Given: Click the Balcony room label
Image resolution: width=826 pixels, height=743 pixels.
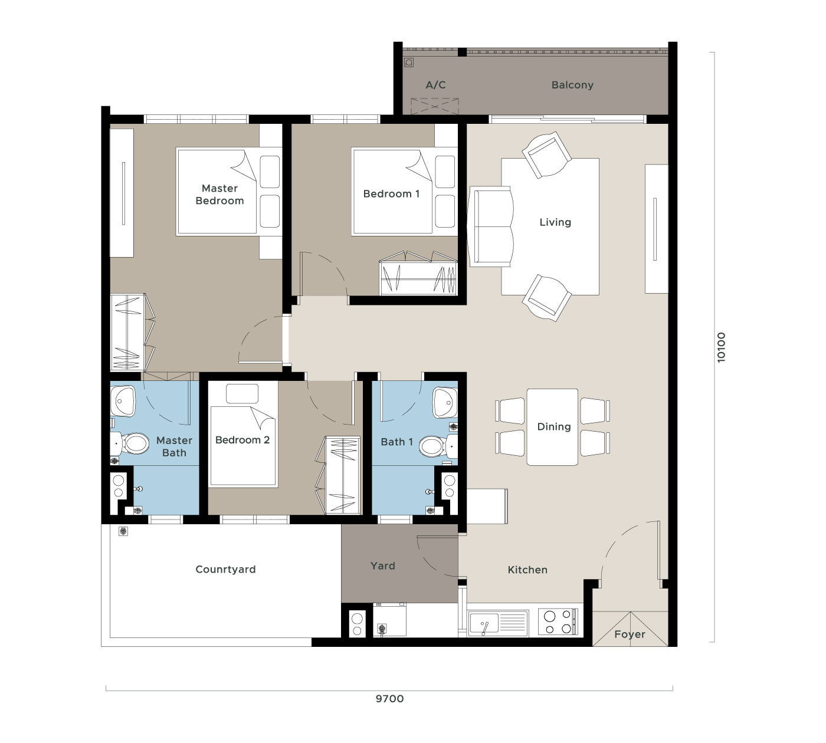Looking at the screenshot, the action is point(572,85).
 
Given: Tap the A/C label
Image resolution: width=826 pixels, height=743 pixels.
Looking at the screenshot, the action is point(435,85).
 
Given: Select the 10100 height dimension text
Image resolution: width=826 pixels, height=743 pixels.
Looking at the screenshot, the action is point(721,347).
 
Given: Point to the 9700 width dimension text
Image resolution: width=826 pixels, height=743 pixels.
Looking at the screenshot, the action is point(389,699).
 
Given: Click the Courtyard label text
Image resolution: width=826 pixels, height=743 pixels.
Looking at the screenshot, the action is point(225,569).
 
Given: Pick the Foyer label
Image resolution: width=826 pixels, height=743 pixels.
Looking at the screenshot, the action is point(630,634).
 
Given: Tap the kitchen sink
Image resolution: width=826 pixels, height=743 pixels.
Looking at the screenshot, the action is point(498,623).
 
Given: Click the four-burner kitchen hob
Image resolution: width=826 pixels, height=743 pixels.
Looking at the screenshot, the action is point(558,622).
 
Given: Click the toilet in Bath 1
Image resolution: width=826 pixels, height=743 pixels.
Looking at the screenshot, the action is point(438,446).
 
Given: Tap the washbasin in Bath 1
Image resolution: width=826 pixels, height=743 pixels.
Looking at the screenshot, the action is point(445,402).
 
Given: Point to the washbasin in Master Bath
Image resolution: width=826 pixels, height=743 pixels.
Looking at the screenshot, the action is point(123,401).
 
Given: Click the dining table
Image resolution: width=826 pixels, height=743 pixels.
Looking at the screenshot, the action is point(552,427).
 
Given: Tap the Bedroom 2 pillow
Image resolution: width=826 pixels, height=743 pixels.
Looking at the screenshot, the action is point(242,394).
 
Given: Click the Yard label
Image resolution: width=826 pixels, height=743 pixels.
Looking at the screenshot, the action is point(382,566).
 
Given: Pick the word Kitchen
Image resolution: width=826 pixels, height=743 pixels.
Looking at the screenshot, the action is point(527,570).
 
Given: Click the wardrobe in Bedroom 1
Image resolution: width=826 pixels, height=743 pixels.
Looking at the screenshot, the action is point(418,272).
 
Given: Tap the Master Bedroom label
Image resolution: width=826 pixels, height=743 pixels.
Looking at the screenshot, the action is point(220,194).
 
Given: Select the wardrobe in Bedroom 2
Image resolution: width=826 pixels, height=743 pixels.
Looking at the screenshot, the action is point(338,475).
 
